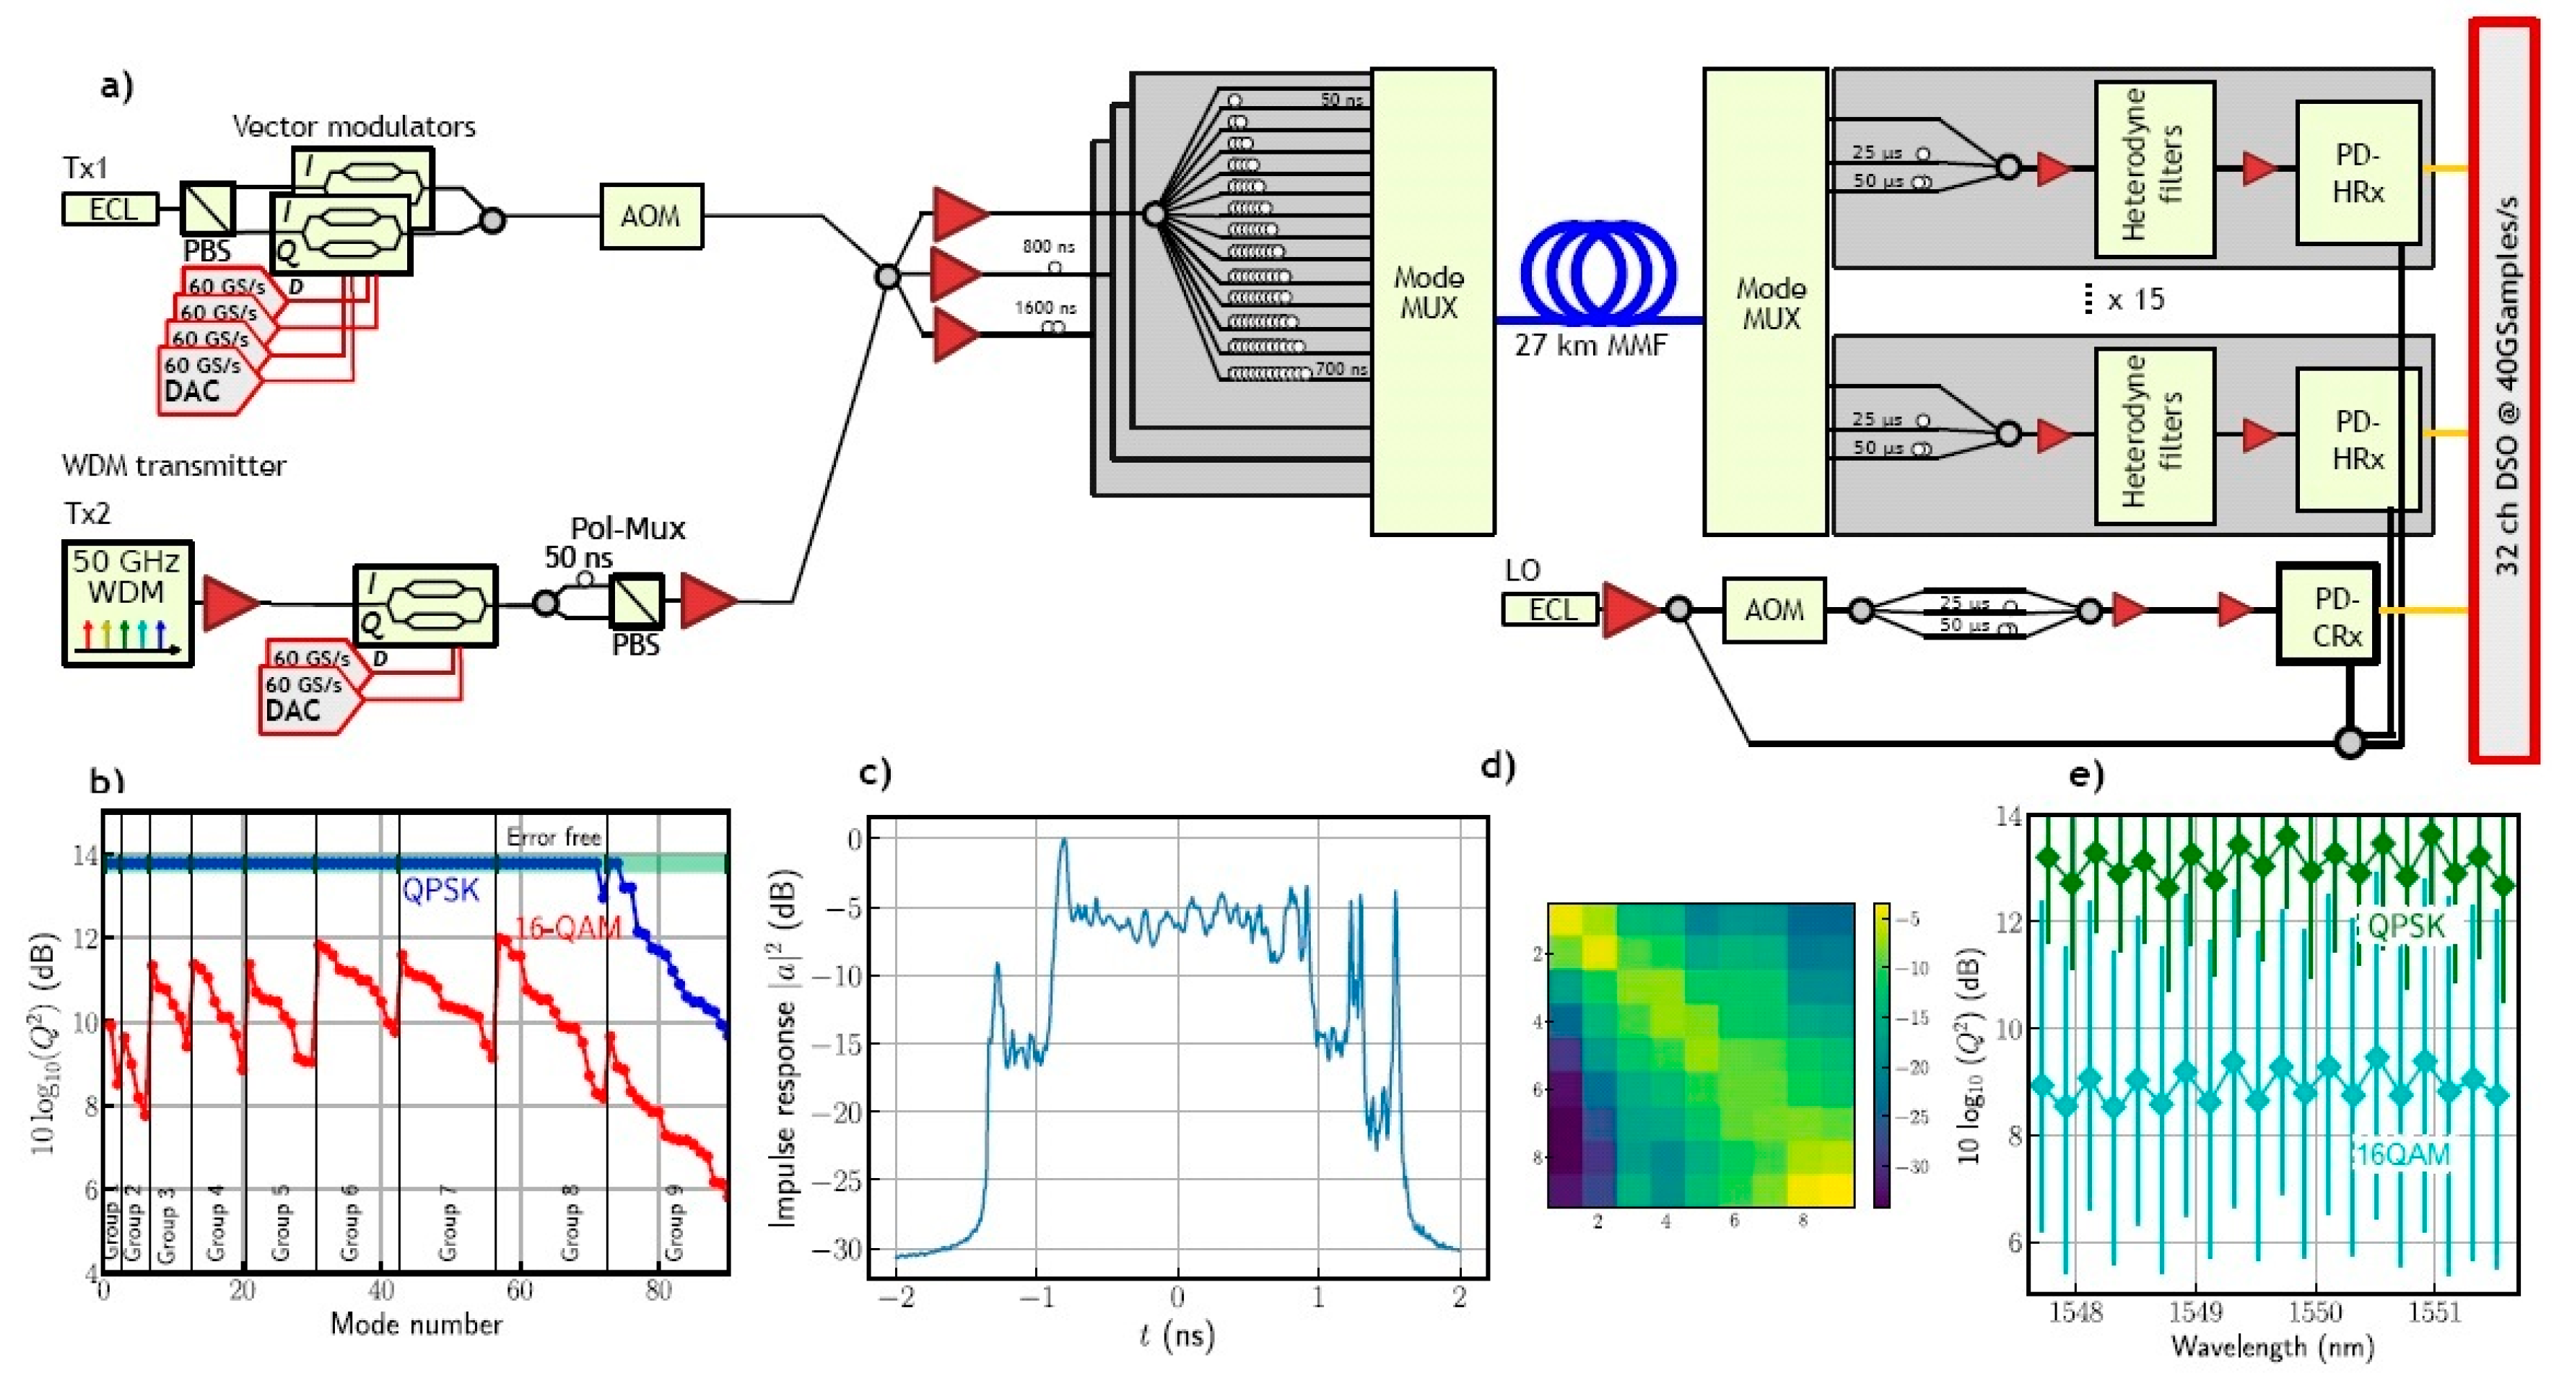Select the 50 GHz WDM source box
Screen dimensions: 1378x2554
(127, 602)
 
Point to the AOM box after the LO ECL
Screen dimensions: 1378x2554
(1773, 610)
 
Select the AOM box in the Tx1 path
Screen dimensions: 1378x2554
(650, 216)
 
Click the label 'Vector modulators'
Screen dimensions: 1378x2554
(354, 127)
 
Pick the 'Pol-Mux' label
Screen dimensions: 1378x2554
(627, 528)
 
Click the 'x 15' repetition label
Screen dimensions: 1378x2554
(2135, 300)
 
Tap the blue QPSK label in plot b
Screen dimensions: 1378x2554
(440, 889)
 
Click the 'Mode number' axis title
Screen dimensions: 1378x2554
(417, 1325)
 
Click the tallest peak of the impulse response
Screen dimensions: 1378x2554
(1065, 842)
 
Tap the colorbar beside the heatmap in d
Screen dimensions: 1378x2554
(1880, 1054)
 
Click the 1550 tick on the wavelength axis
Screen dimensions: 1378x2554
(2315, 1312)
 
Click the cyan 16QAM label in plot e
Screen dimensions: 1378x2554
(2403, 1154)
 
